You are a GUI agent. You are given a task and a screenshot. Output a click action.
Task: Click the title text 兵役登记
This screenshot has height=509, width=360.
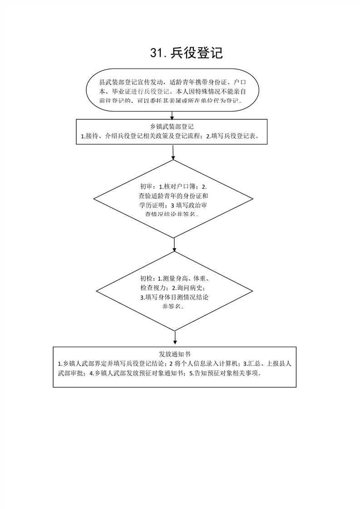coord(197,54)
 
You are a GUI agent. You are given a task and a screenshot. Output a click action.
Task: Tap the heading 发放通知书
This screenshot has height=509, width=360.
coord(174,354)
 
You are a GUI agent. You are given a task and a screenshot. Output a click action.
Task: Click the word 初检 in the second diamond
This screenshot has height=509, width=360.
coord(146,279)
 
